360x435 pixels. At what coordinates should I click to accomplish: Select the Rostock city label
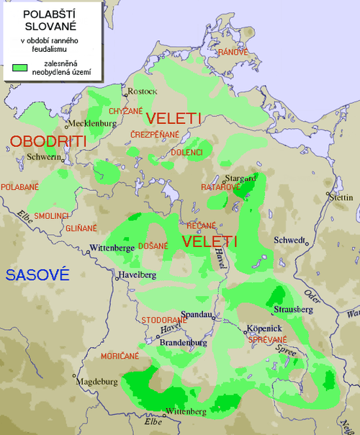pyautogui.click(x=142, y=91)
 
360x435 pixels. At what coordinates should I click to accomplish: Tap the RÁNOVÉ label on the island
pyautogui.click(x=233, y=53)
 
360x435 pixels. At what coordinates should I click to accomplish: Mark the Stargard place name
pyautogui.click(x=240, y=177)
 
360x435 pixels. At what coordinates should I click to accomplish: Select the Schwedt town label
pyautogui.click(x=286, y=241)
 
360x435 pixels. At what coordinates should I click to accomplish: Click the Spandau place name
pyautogui.click(x=197, y=315)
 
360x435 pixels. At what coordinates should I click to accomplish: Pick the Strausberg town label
pyautogui.click(x=289, y=309)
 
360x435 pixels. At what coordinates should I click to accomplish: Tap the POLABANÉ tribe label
pyautogui.click(x=20, y=187)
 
